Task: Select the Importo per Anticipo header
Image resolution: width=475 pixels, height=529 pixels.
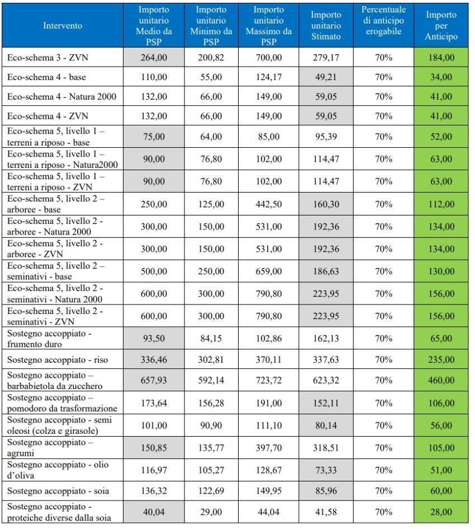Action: (x=441, y=26)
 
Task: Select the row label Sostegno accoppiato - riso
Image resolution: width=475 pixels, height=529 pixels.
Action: (x=57, y=357)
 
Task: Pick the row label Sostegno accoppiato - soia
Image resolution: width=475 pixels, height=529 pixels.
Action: (x=58, y=491)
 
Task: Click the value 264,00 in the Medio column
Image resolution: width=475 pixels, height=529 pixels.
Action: (x=155, y=57)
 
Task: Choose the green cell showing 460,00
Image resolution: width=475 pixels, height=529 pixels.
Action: (x=441, y=380)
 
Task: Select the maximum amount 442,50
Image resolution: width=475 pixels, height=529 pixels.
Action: (x=268, y=204)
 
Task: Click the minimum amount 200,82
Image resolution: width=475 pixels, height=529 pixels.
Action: (x=211, y=57)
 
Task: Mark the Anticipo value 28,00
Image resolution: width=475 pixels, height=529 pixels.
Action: (x=441, y=511)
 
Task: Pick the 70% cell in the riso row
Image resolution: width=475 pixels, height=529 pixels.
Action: (x=383, y=357)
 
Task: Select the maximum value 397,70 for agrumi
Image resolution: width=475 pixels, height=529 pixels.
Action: (x=268, y=447)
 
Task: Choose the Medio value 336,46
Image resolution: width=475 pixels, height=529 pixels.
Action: (x=155, y=357)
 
